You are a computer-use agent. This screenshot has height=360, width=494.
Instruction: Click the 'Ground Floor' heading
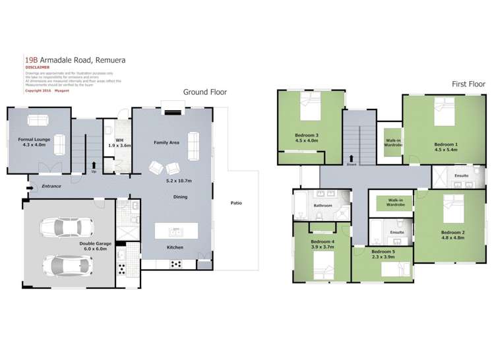pyautogui.click(x=204, y=92)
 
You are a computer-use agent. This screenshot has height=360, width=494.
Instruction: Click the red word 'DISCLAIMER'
pyautogui.click(x=38, y=67)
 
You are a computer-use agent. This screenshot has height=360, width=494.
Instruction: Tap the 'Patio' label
pyautogui.click(x=235, y=203)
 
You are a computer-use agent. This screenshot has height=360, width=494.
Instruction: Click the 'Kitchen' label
pyautogui.click(x=175, y=247)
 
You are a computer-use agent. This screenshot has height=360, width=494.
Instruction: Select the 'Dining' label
pyautogui.click(x=180, y=196)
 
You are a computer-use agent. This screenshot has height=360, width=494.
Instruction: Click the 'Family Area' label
pyautogui.click(x=167, y=142)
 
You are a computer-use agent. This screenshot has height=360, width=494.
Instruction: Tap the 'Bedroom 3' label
pyautogui.click(x=307, y=136)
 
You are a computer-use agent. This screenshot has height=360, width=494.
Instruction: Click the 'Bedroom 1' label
pyautogui.click(x=445, y=144)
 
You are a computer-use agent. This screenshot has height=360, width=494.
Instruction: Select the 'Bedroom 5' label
pyautogui.click(x=383, y=252)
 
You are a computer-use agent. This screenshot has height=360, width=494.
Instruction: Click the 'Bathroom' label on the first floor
pyautogui.click(x=323, y=205)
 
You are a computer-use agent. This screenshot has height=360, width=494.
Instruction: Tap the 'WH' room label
pyautogui.click(x=119, y=140)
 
